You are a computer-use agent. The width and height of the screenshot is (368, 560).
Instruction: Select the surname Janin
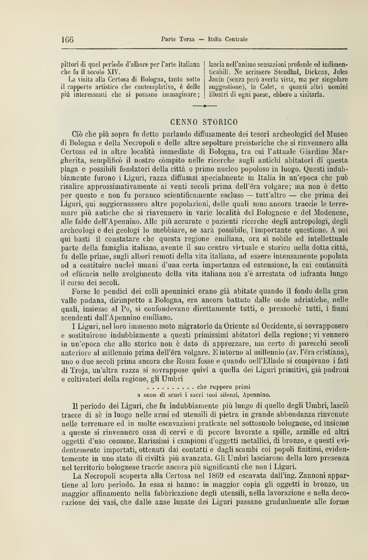217,79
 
